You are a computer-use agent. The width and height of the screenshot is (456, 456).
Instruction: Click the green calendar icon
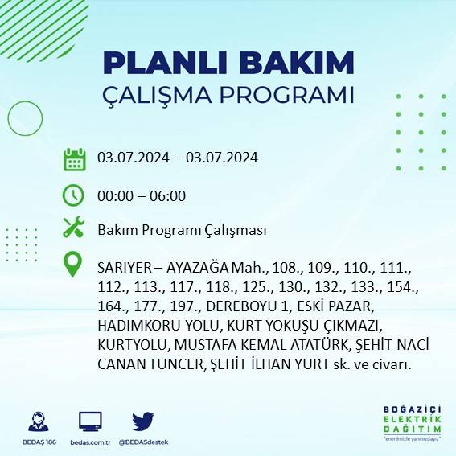(74, 158)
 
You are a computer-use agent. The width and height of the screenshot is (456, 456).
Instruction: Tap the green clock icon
(73, 195)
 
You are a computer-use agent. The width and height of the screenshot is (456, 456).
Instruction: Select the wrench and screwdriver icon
(74, 228)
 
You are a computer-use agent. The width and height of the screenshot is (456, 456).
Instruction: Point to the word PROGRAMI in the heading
(287, 94)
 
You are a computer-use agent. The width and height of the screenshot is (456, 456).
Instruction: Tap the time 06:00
(170, 195)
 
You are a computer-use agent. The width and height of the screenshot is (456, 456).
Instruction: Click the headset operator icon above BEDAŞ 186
(36, 421)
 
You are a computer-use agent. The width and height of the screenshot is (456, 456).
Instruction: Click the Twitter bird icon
(143, 421)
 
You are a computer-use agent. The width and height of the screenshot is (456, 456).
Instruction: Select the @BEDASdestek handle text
(143, 442)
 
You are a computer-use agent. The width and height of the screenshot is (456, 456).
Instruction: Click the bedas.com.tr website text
(90, 442)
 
